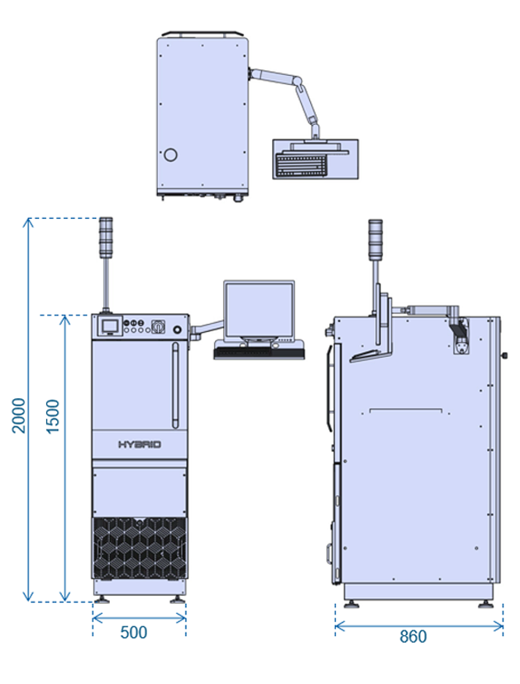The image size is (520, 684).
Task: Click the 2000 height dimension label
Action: (x=18, y=416)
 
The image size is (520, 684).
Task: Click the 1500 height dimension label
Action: (x=52, y=416)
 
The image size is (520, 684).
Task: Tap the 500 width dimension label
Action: (x=134, y=633)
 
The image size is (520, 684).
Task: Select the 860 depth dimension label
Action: (x=413, y=636)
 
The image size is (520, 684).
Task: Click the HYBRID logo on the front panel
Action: (x=140, y=444)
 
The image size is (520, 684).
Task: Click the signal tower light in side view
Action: (x=375, y=240)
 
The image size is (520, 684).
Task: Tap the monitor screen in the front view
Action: (x=259, y=310)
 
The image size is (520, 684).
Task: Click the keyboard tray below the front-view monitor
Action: (x=260, y=353)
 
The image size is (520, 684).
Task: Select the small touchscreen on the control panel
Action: (x=109, y=326)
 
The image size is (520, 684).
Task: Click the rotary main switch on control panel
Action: (x=158, y=325)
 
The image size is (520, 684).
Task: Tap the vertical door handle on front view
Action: (x=175, y=385)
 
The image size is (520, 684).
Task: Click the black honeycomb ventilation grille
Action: (x=140, y=548)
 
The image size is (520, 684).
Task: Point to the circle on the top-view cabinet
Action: (x=170, y=154)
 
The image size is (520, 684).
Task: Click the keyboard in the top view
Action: (x=301, y=164)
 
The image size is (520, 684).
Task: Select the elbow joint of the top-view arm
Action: (x=298, y=82)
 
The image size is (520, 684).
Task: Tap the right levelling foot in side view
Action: (x=484, y=604)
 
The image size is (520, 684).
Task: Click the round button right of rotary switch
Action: (x=177, y=330)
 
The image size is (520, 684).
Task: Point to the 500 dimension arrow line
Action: (x=140, y=618)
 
